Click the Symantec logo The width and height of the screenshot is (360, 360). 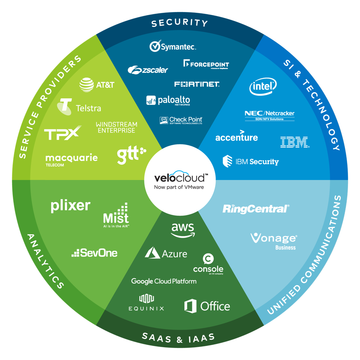[173, 46]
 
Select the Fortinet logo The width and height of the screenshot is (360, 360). [197, 84]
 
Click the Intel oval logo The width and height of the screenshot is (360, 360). [263, 87]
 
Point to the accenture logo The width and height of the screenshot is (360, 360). [237, 136]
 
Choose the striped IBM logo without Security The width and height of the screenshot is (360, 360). [294, 142]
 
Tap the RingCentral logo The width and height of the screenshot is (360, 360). [256, 208]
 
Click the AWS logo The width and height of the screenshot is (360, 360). [183, 230]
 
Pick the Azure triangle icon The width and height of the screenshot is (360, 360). [153, 253]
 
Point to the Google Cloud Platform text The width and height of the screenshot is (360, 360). [164, 281]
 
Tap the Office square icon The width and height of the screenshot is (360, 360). [190, 306]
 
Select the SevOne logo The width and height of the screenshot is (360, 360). [94, 253]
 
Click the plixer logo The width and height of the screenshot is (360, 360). [70, 206]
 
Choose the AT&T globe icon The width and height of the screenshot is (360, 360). [87, 85]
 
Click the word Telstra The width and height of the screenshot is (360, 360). [88, 108]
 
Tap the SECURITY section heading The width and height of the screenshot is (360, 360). [179, 23]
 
